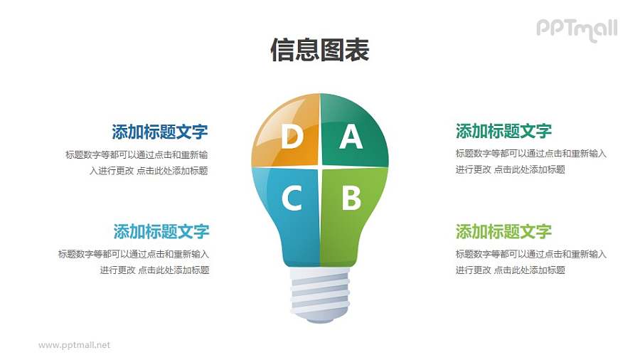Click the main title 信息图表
[320, 51]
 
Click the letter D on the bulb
[291, 137]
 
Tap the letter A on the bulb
[350, 137]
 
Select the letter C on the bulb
[291, 198]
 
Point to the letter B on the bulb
[351, 198]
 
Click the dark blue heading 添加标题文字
[159, 132]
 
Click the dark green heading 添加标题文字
[503, 131]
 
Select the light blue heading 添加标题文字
[161, 231]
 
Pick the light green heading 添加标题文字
[503, 231]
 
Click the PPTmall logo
[576, 29]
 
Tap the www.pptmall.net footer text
[75, 345]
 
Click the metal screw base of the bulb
[320, 292]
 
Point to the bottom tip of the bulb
[320, 318]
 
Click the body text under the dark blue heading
[137, 162]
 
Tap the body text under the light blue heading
[134, 262]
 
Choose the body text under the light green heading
[530, 262]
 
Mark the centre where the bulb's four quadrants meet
[320, 166]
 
